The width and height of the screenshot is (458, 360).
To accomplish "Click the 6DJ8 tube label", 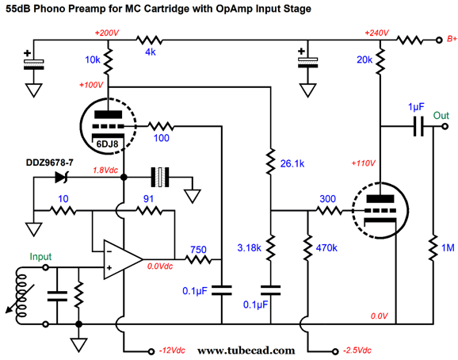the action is click(107, 144).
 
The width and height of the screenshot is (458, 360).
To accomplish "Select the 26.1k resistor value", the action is click(292, 163).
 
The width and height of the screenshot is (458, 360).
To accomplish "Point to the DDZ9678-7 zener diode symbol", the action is click(62, 177).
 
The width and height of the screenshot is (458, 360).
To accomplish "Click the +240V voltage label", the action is click(376, 33).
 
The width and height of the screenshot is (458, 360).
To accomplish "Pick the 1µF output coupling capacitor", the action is click(418, 127).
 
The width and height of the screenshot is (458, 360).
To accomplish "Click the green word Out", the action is click(441, 116).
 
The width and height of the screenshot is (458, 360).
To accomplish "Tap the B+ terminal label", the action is click(452, 39).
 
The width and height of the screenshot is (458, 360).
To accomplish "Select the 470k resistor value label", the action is click(326, 247).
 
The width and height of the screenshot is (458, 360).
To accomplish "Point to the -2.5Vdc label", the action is click(357, 350).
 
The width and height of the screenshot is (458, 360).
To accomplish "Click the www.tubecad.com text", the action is click(246, 350).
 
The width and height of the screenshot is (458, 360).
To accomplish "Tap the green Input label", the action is click(40, 257).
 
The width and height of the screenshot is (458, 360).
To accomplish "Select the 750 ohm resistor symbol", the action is click(198, 259).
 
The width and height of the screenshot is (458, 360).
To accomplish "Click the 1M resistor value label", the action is click(448, 247).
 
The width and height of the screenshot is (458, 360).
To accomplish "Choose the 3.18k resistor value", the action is click(249, 247).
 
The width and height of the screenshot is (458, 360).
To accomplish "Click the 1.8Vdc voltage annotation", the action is click(105, 170).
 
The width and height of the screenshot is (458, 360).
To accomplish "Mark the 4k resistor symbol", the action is click(149, 40).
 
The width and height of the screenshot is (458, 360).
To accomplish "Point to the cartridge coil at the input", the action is click(21, 295).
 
